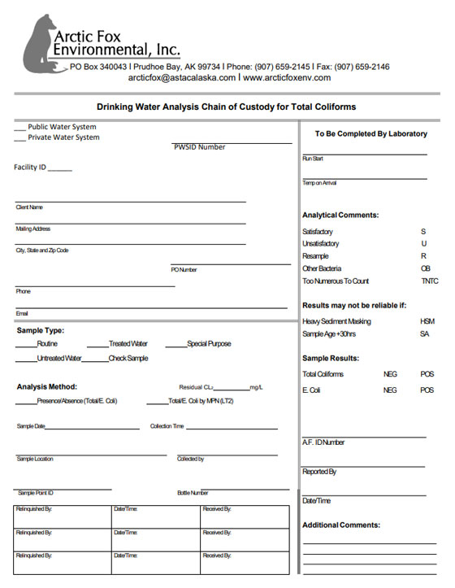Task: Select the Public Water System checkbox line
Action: [x=20, y=127]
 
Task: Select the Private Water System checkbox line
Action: [x=20, y=137]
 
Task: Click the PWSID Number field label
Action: [x=199, y=147]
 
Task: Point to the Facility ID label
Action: [x=30, y=168]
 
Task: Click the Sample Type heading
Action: [x=40, y=330]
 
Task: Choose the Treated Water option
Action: [x=128, y=344]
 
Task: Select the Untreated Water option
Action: [x=58, y=358]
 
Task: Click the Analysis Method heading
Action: [x=46, y=386]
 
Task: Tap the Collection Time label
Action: [x=167, y=426]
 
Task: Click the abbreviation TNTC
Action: [x=429, y=281]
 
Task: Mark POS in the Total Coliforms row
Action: [x=427, y=374]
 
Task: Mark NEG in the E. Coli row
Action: [x=390, y=390]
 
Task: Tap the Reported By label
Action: [x=319, y=472]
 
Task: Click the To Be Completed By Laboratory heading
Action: [x=370, y=133]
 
